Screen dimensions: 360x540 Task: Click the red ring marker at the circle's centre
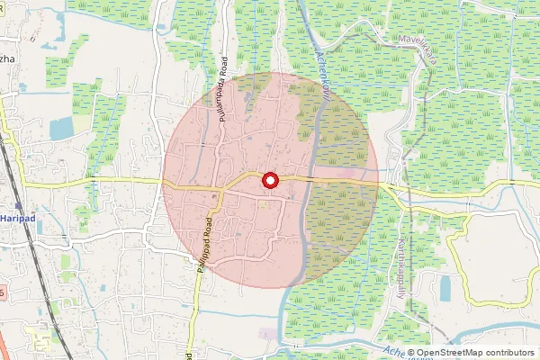[269, 181]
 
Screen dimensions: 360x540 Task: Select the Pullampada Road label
[221, 94]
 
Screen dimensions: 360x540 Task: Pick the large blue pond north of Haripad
[62, 129]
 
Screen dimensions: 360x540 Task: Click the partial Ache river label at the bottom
[392, 352]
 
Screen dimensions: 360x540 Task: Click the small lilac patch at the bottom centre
[268, 334]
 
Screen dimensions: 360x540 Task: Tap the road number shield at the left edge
[3, 292]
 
